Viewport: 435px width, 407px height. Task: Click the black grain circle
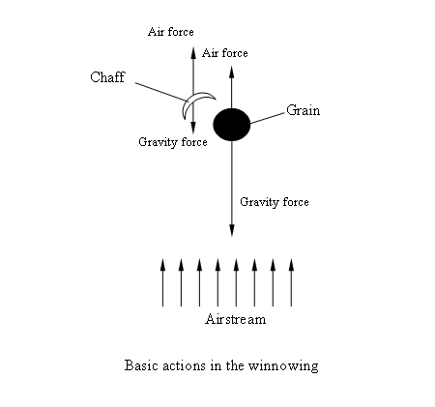(232, 125)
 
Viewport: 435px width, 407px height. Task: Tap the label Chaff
(107, 77)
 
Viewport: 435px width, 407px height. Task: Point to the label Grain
(304, 110)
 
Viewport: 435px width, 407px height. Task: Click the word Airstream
(236, 319)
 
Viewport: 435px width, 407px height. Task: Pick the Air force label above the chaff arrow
(171, 32)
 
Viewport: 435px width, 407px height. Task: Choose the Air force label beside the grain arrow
(225, 53)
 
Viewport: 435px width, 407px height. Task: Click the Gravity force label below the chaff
(173, 142)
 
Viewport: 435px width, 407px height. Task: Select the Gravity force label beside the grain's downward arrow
(275, 202)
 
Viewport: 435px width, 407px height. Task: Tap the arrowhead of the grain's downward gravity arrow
(232, 231)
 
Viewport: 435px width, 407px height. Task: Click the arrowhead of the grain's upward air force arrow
(232, 72)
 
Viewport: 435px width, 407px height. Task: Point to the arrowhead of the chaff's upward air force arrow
(193, 52)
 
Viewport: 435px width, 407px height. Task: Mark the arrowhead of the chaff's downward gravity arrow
(193, 128)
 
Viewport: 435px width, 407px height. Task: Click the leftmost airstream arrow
(162, 282)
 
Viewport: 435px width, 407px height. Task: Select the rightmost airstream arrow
(291, 282)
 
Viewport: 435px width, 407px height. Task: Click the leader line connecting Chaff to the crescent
(160, 92)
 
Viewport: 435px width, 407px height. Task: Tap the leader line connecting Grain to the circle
(268, 118)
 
